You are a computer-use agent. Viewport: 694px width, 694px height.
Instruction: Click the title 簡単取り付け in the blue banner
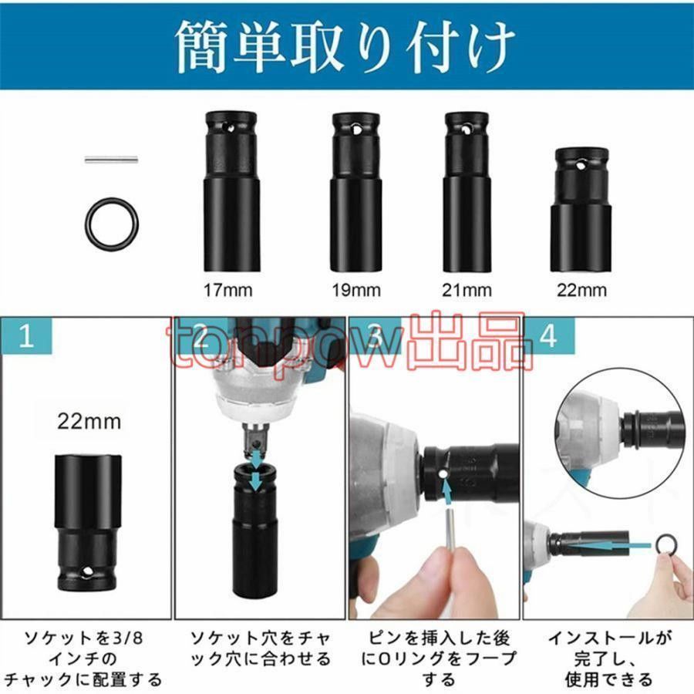pyautogui.click(x=345, y=46)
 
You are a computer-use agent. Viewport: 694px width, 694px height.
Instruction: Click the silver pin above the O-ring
pyautogui.click(x=111, y=160)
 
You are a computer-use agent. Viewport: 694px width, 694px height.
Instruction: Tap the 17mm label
pyautogui.click(x=228, y=291)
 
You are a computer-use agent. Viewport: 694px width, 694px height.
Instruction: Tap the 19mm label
pyautogui.click(x=356, y=291)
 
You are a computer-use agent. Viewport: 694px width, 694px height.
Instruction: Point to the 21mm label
pyautogui.click(x=467, y=291)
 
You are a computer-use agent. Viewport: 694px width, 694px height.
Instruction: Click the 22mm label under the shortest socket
pyautogui.click(x=581, y=291)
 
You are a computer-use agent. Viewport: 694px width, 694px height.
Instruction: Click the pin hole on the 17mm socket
pyautogui.click(x=229, y=128)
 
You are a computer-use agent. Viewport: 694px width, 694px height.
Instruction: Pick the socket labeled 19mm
pyautogui.click(x=356, y=192)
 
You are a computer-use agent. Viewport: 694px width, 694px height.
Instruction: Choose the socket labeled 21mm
pyautogui.click(x=467, y=192)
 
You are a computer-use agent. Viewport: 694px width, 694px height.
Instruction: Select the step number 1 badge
pyautogui.click(x=26, y=335)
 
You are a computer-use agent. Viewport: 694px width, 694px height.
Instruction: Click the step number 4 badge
pyautogui.click(x=549, y=335)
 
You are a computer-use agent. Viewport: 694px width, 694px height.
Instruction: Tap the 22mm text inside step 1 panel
pyautogui.click(x=89, y=421)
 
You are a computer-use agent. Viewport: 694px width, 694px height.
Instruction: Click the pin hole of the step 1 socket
pyautogui.click(x=86, y=573)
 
